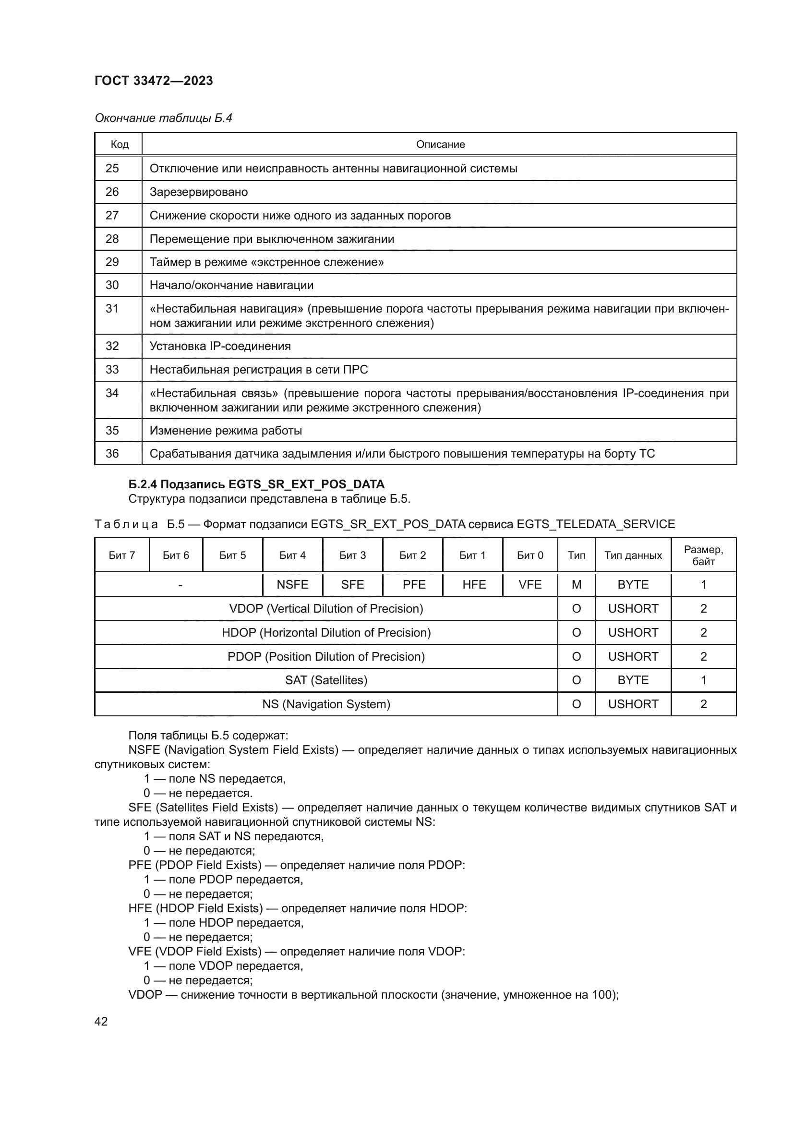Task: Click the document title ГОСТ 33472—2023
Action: point(154,81)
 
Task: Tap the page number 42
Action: point(101,1021)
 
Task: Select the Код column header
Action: point(120,145)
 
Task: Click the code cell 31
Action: point(112,309)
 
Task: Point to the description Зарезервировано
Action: point(199,192)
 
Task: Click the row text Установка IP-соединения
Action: point(220,346)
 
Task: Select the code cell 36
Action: point(112,454)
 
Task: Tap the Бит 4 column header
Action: point(292,555)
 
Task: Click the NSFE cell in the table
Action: point(292,585)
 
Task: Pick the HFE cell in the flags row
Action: point(474,585)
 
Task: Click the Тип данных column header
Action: point(633,555)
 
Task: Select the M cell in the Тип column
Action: point(577,585)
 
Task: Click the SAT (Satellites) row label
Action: point(326,680)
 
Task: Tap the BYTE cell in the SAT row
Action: point(633,680)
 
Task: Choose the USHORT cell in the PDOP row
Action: point(633,656)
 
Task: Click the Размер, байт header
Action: point(704,555)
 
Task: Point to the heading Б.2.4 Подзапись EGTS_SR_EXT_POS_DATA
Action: point(256,484)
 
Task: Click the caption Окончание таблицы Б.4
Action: point(163,118)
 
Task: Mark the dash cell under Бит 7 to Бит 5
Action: point(180,585)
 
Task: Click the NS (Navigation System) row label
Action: point(326,704)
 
